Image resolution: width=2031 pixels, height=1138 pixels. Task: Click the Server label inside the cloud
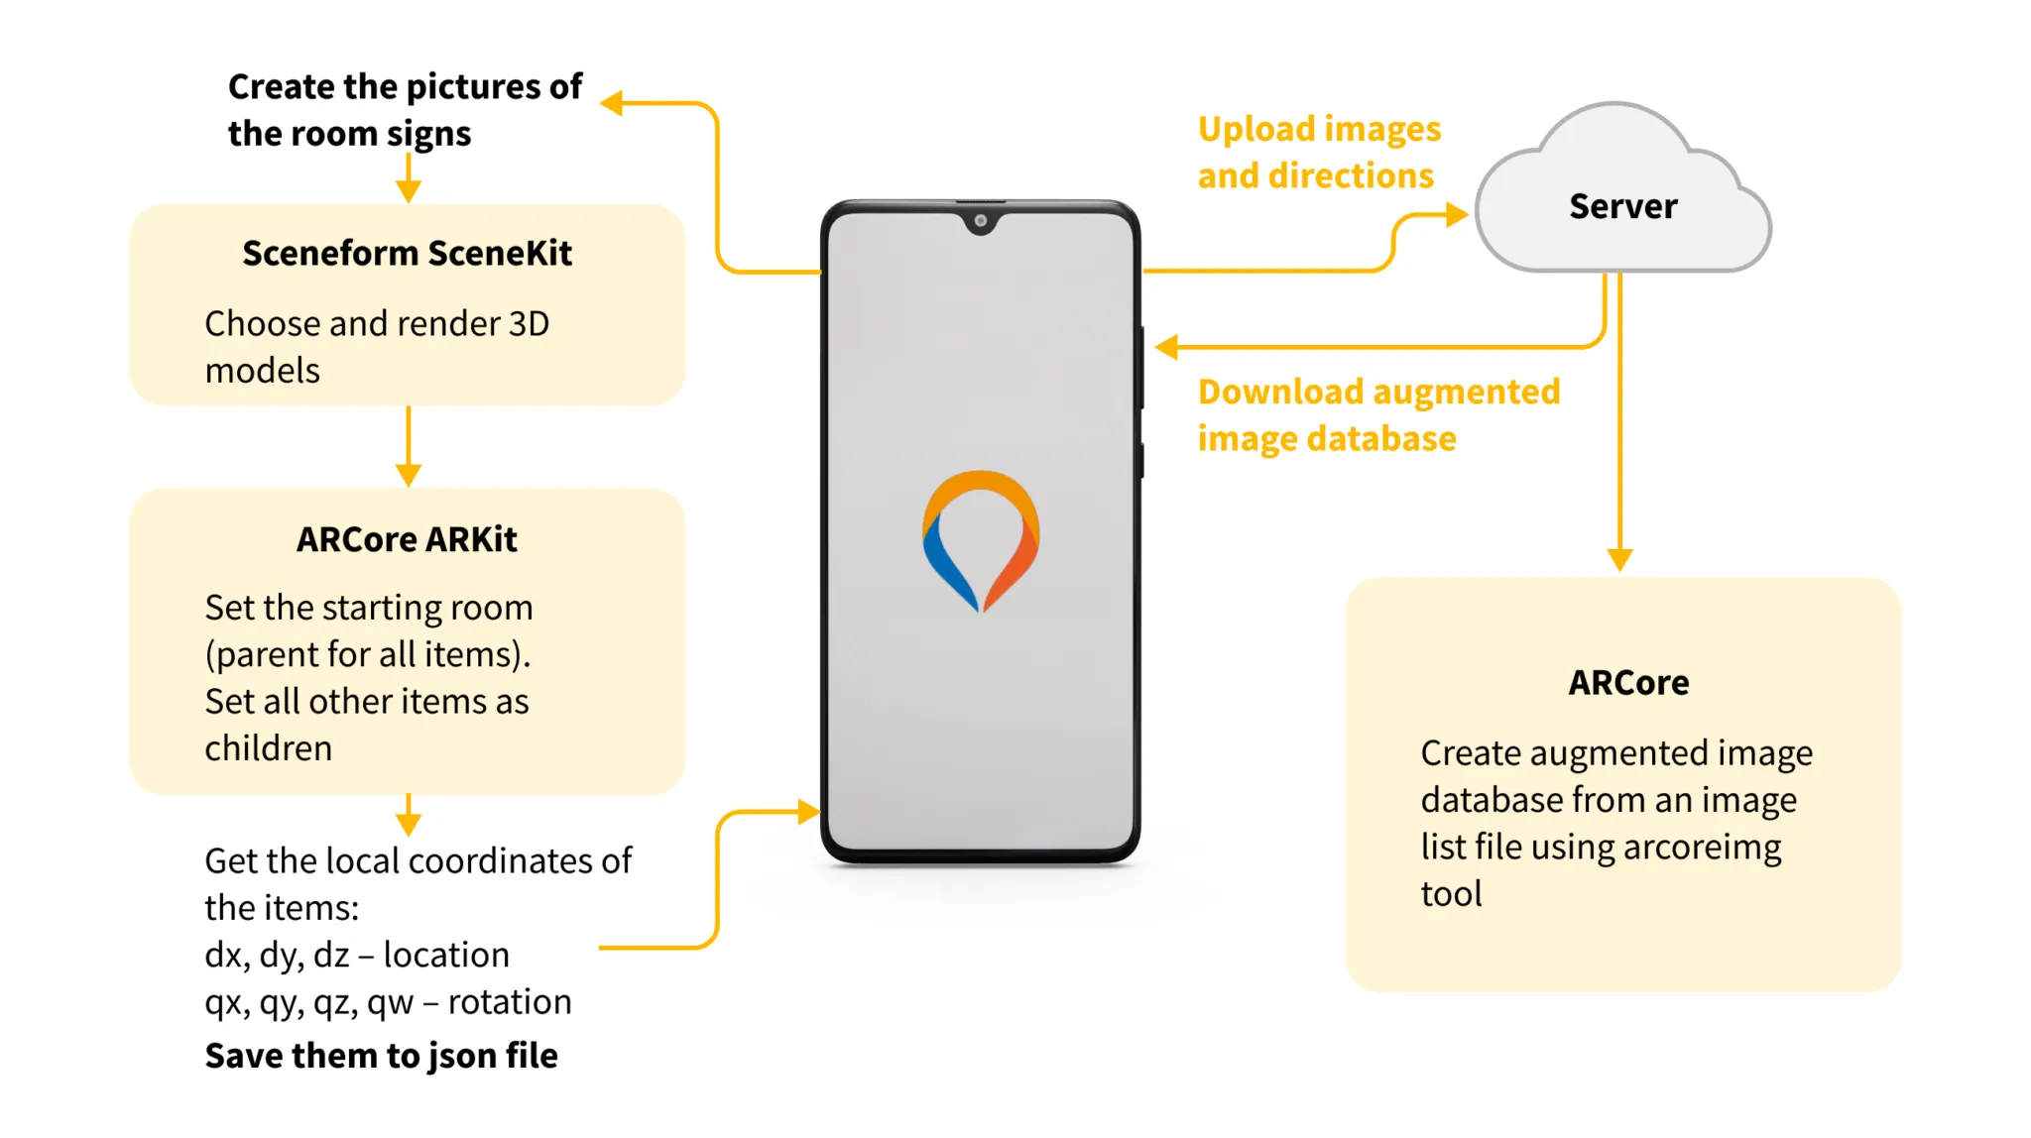pos(1622,206)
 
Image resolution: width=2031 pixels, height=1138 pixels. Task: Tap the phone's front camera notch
pos(980,221)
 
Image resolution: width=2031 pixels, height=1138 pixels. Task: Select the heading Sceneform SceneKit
pos(407,254)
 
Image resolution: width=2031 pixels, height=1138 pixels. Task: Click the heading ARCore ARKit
pos(407,539)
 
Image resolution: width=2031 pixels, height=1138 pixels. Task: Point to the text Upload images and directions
pos(1318,153)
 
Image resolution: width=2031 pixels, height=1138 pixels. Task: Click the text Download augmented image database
pos(1377,414)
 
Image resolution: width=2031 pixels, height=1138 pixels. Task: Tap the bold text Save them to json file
pos(381,1056)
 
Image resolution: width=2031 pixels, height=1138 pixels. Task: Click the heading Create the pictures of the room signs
pos(405,110)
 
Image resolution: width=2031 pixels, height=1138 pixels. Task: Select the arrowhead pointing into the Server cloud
pos(1456,214)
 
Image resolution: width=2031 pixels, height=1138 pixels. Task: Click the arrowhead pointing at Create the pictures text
pos(613,103)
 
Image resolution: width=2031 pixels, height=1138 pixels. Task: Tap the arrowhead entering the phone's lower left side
pos(808,812)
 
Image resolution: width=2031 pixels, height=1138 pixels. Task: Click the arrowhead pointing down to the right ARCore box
pos(1619,559)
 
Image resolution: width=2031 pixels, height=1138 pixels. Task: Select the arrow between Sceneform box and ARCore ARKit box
pos(408,446)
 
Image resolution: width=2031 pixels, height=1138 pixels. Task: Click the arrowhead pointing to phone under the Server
pos(1167,347)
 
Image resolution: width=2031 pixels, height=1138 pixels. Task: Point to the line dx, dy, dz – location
pos(356,955)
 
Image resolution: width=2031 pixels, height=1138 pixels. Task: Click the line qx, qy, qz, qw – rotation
pos(388,1002)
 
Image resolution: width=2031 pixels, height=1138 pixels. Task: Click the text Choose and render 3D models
pos(376,346)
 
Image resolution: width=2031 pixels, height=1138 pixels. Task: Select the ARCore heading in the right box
pos(1627,683)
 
